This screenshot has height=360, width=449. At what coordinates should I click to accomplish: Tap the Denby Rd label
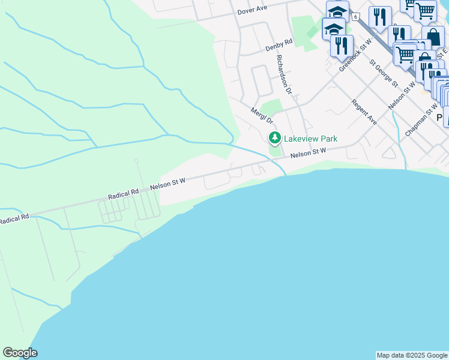(279, 44)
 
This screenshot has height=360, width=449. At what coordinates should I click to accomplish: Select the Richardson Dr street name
(283, 74)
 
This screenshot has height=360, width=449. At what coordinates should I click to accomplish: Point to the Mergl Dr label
(262, 115)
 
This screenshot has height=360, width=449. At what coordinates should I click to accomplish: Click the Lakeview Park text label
(310, 139)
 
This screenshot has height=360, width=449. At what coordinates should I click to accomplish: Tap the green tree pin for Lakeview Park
(275, 139)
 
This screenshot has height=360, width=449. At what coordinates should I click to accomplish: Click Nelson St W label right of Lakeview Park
(308, 154)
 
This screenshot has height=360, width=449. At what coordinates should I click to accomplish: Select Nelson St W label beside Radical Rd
(169, 183)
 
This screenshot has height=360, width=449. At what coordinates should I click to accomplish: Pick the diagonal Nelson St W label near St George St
(402, 94)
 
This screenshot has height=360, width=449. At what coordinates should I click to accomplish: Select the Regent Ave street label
(364, 112)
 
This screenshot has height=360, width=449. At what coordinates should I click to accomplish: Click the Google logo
(20, 353)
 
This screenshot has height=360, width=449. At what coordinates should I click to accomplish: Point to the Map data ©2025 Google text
(412, 355)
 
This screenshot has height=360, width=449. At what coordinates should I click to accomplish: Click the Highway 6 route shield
(356, 17)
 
